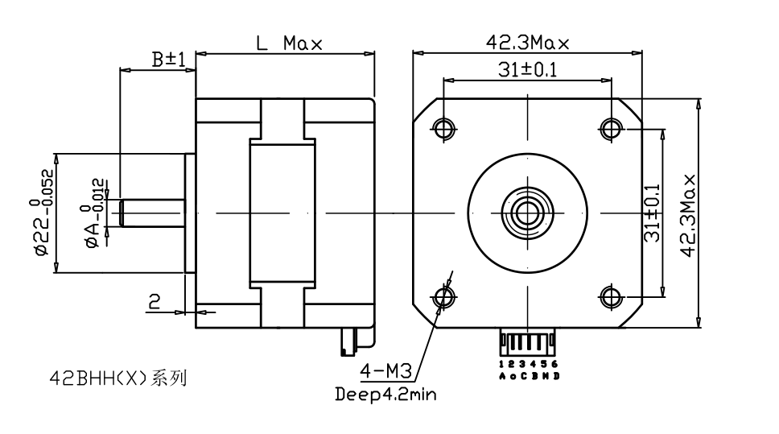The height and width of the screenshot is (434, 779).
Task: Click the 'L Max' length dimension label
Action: (289, 44)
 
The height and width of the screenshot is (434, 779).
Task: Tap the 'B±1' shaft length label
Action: (169, 60)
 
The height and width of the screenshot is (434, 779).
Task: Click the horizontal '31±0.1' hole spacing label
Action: (527, 70)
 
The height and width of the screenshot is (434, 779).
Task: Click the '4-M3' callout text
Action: (387, 371)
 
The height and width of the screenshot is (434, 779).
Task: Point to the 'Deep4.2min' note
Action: (385, 395)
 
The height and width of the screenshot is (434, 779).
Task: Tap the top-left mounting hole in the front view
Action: (443, 128)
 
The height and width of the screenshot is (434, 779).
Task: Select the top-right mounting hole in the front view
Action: (611, 128)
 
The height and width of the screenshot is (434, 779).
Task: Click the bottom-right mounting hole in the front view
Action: (611, 296)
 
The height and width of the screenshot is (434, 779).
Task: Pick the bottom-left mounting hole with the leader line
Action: (443, 296)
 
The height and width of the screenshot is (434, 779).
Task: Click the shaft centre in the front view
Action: (527, 213)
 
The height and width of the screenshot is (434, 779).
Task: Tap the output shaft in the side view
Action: (153, 213)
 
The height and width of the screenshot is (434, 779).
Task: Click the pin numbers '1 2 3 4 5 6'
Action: (528, 365)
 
